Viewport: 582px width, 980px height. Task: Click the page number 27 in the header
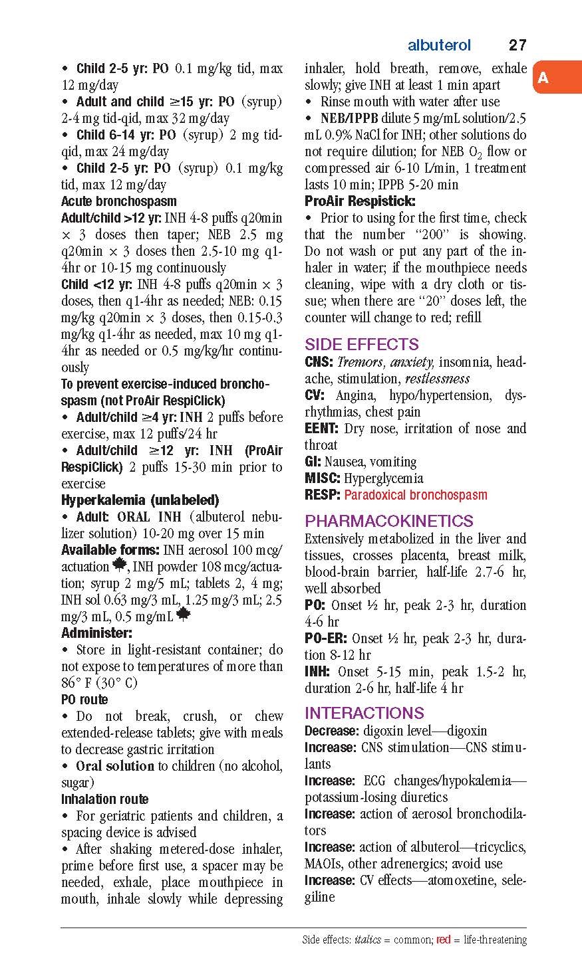[x=517, y=45]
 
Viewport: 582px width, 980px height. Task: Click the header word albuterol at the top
[x=439, y=45]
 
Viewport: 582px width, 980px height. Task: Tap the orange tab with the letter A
[x=543, y=78]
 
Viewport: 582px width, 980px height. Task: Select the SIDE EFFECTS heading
[x=361, y=344]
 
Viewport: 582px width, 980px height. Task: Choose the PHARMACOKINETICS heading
[x=388, y=520]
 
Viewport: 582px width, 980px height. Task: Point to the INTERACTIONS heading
[x=364, y=713]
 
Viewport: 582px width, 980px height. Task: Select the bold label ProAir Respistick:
[x=360, y=201]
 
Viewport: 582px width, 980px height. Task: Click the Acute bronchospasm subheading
[x=119, y=201]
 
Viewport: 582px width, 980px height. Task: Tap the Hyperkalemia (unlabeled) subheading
[x=140, y=500]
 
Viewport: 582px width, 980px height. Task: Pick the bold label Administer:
[x=96, y=633]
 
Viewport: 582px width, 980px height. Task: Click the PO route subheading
[x=84, y=700]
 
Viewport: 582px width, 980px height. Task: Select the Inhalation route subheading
[x=104, y=799]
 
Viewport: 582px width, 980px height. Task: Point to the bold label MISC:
[x=323, y=478]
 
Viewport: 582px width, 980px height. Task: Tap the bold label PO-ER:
[x=325, y=638]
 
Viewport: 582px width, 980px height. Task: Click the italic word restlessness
[x=438, y=379]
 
